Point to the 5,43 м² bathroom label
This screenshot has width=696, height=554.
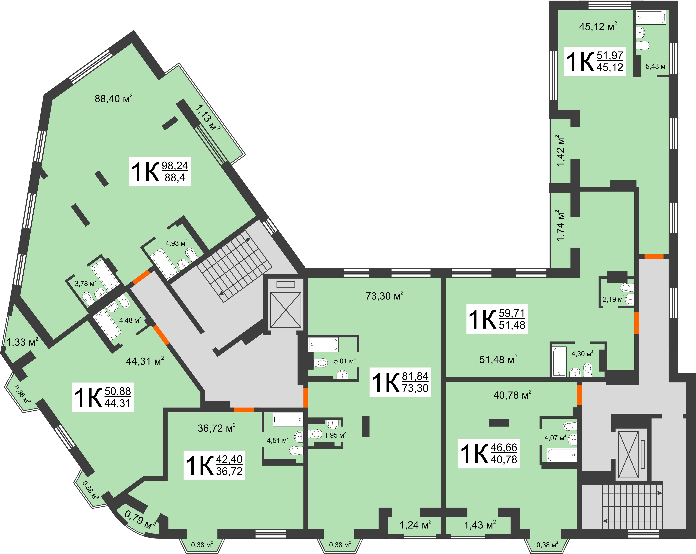656,66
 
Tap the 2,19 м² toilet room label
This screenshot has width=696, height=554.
613,299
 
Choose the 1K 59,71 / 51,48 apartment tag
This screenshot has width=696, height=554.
497,319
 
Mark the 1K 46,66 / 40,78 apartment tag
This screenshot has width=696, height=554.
489,453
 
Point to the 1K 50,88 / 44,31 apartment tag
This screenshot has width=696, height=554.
103,397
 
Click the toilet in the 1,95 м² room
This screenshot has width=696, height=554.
316,434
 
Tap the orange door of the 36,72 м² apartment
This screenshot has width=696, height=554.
244,410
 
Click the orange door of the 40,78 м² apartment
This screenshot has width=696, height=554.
579,395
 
